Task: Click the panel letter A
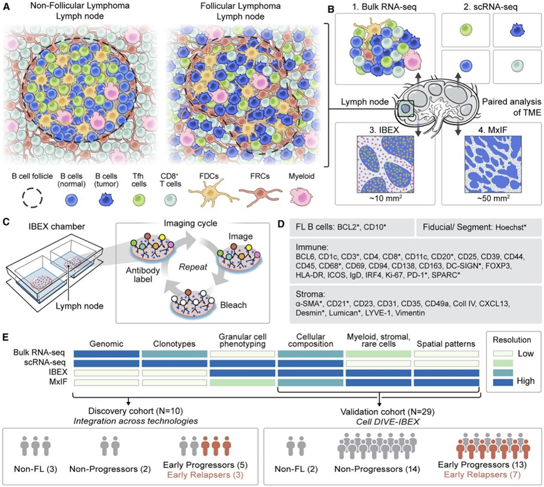coord(8,8)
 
